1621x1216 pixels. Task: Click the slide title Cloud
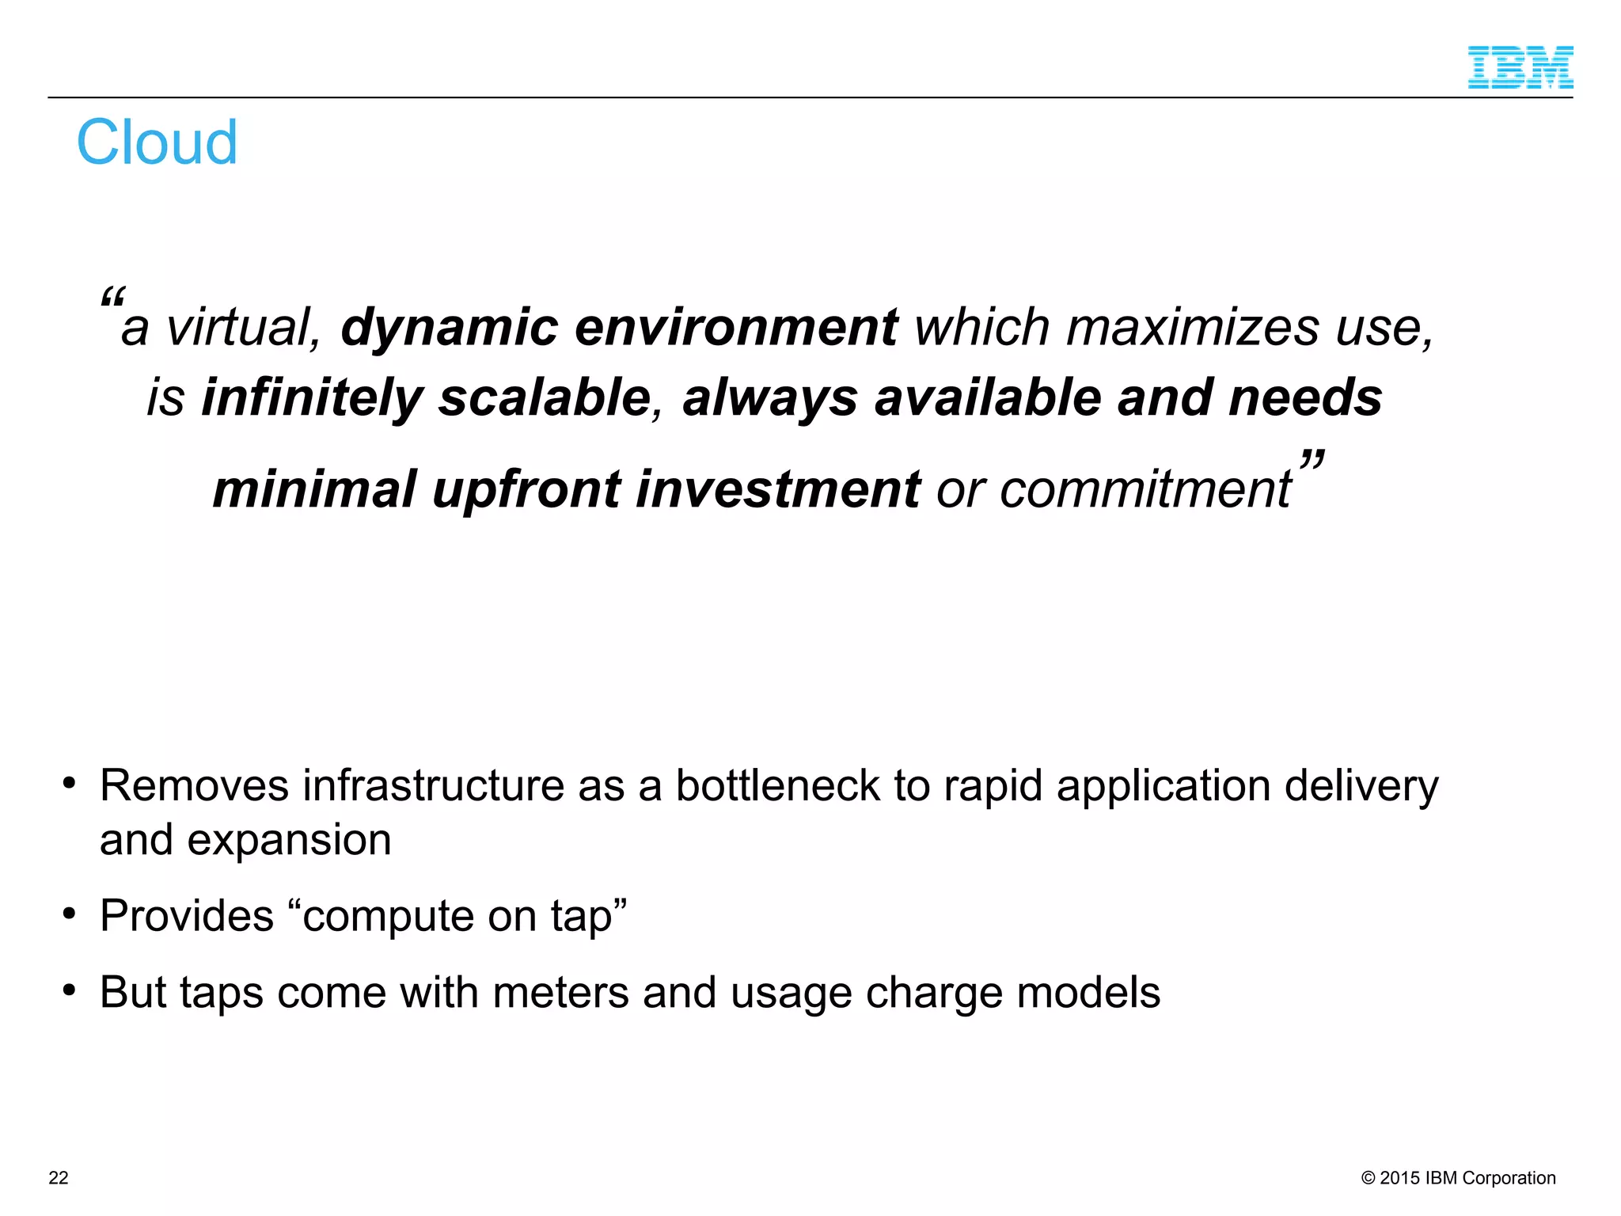click(157, 142)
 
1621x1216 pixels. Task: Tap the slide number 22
click(59, 1177)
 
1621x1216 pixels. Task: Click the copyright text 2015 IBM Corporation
click(1458, 1177)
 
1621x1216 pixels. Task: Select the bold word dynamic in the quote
click(449, 328)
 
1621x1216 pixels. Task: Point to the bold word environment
click(735, 328)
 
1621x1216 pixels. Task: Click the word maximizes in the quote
click(1193, 328)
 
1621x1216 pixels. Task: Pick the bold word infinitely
click(312, 397)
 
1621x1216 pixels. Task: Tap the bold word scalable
click(545, 397)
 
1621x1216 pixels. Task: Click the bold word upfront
click(526, 489)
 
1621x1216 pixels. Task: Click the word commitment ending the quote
click(1145, 489)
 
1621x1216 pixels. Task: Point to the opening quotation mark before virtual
click(112, 298)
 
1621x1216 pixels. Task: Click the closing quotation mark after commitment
click(1312, 461)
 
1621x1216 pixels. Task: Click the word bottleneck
click(777, 786)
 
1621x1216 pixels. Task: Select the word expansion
click(289, 840)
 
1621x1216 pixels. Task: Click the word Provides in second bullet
click(186, 916)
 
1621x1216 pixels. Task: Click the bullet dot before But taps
click(70, 990)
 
